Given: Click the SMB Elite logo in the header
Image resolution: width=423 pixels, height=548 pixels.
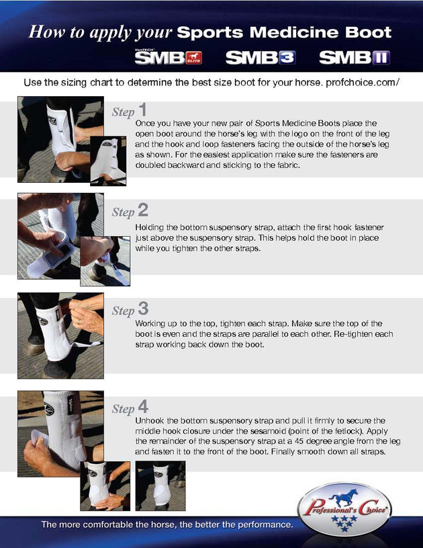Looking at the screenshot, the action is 169,56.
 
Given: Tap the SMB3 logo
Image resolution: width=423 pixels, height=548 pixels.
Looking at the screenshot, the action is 261,58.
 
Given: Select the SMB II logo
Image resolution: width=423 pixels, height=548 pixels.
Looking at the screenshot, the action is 355,58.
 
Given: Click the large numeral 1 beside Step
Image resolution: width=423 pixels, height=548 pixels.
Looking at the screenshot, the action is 142,110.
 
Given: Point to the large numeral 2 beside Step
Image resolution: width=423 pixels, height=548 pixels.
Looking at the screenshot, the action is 143,210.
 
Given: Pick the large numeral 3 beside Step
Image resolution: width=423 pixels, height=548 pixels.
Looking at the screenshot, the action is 143,309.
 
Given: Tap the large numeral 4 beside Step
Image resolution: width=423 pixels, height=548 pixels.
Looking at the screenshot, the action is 143,407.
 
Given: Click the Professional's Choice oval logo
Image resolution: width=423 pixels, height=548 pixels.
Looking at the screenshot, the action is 345,510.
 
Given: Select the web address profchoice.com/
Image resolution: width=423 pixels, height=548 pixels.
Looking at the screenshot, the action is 363,83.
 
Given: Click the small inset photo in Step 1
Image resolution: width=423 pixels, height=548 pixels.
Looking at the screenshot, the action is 108,161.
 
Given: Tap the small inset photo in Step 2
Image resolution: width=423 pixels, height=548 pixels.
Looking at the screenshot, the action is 105,261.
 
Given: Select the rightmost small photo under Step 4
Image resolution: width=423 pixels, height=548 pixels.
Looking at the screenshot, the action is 160,485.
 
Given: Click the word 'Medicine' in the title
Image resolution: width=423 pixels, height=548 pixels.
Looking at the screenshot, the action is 294,32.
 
